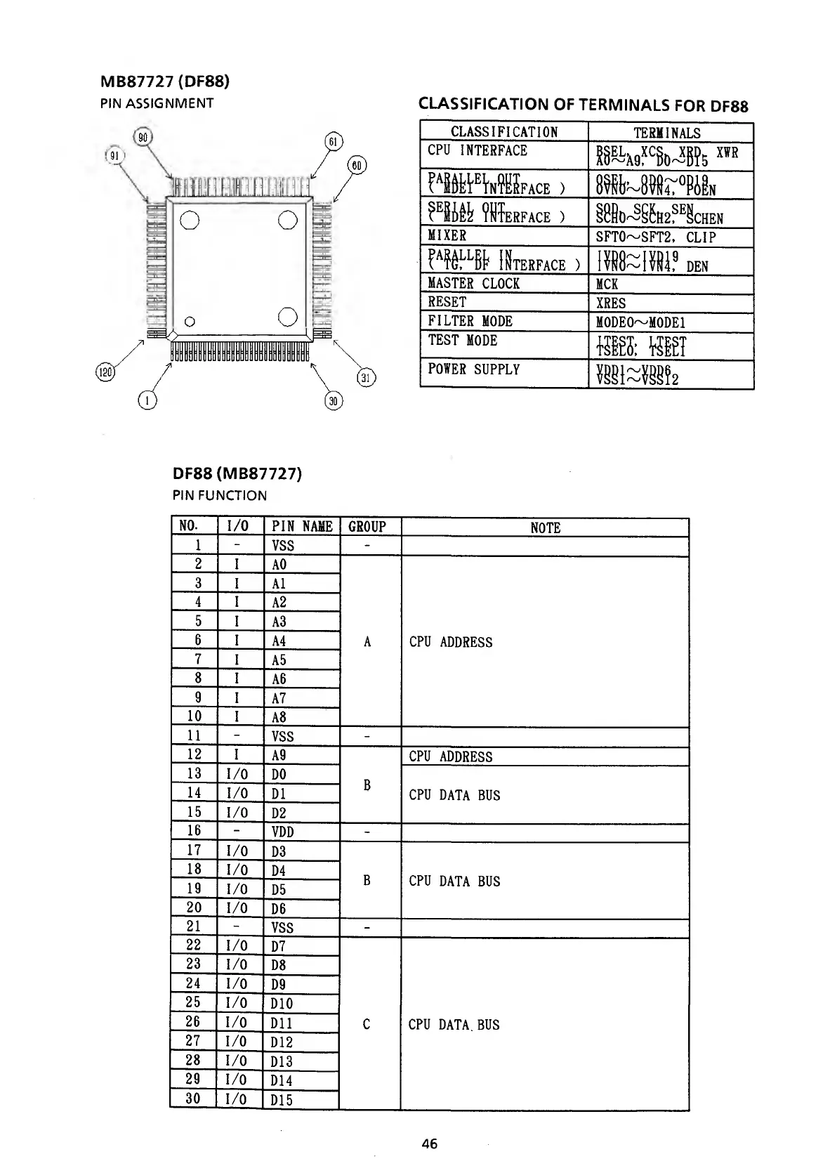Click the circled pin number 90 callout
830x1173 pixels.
143,138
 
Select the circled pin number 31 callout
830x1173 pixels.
366,377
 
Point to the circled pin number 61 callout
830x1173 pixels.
334,142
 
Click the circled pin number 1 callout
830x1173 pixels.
147,400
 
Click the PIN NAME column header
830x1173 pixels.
302,527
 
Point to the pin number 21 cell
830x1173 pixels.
194,927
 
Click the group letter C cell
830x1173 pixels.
367,1025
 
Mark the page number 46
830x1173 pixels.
430,1143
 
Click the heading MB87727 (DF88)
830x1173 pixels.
165,81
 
